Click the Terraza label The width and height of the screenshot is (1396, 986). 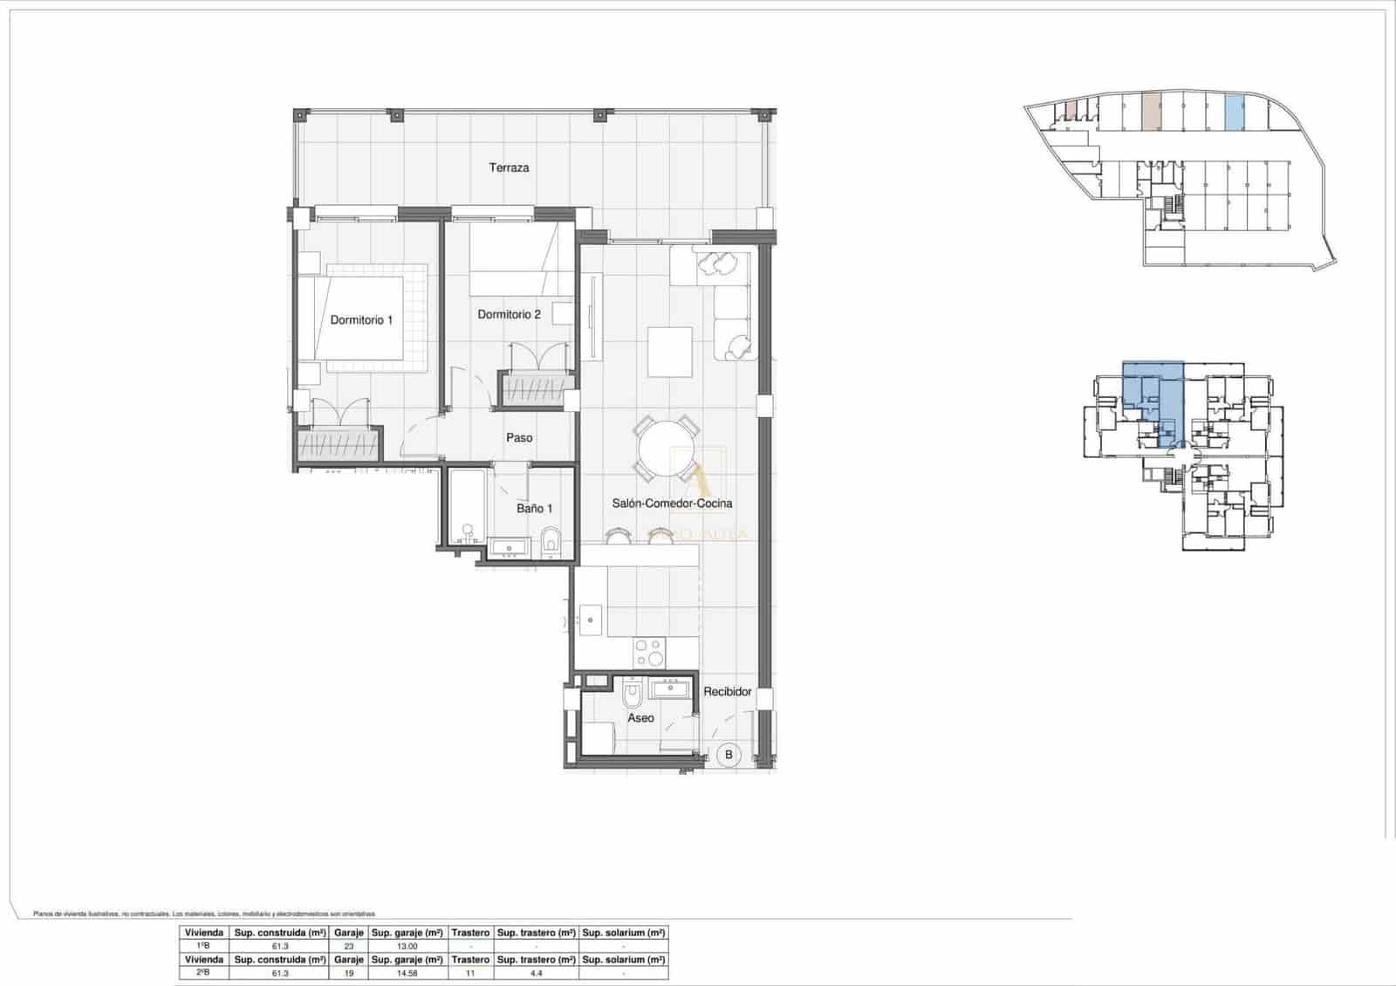point(509,168)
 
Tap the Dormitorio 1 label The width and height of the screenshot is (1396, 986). point(361,320)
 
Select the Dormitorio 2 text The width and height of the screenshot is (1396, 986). point(509,314)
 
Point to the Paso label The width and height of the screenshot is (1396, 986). point(519,438)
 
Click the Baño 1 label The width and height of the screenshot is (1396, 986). point(534,508)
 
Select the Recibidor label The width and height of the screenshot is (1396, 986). point(728,691)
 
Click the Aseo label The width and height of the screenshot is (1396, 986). point(640,718)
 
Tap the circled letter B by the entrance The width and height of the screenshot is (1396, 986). point(729,754)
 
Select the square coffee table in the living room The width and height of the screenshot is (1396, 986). point(670,352)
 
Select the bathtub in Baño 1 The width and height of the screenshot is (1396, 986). point(467,507)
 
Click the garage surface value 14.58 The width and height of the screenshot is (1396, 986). point(407,973)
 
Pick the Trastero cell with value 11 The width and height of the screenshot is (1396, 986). point(469,973)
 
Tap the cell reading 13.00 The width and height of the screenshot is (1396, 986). point(407,946)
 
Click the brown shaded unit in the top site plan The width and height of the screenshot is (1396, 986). point(1151,112)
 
